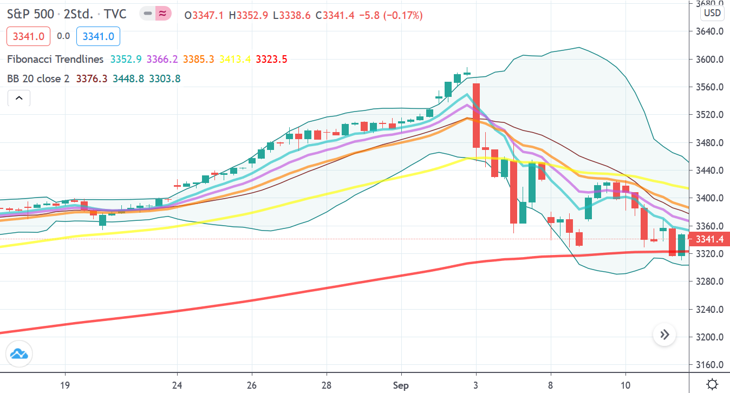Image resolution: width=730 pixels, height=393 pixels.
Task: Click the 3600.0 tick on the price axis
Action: (709, 59)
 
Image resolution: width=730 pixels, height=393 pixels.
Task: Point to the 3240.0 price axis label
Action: (709, 310)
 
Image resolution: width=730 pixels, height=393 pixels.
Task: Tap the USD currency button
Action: (712, 13)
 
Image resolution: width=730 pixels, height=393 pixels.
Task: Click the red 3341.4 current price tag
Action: (709, 239)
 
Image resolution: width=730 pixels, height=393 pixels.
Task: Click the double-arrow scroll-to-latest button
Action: (664, 335)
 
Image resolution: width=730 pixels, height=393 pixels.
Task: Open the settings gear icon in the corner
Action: (713, 384)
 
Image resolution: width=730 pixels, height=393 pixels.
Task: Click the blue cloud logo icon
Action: (19, 355)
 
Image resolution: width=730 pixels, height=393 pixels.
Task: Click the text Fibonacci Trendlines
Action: (55, 59)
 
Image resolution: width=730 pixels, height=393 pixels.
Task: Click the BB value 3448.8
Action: (128, 79)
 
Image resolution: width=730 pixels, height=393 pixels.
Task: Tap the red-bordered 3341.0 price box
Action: (29, 36)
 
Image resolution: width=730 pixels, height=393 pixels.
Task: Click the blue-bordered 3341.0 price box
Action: (98, 36)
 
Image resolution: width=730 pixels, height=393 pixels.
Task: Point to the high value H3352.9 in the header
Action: (248, 16)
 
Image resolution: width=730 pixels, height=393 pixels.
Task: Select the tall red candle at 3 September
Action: (476, 115)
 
